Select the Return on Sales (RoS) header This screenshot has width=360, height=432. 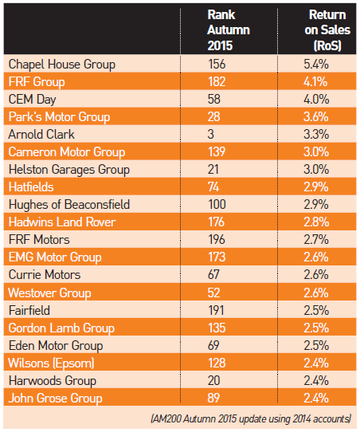[x=327, y=30]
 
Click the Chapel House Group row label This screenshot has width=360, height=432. [x=61, y=64]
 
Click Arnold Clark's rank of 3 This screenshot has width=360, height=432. [x=211, y=134]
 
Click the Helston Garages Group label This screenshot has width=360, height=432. [x=68, y=169]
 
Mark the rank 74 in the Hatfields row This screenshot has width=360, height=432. [x=215, y=187]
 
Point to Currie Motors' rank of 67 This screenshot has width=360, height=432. [x=215, y=274]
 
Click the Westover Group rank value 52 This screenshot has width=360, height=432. [x=215, y=292]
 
